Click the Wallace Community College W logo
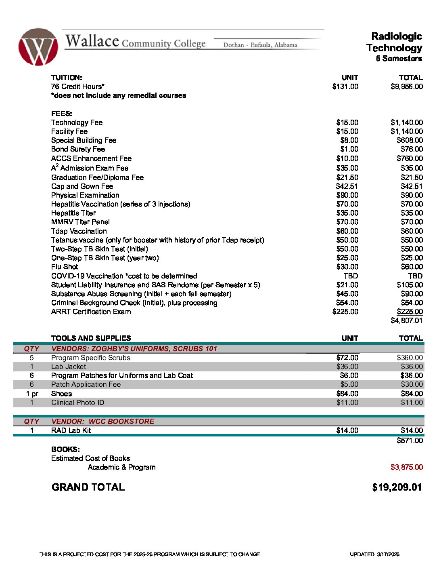click(38, 47)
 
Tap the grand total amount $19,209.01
click(397, 487)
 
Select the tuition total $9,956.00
click(407, 86)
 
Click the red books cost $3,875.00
click(407, 467)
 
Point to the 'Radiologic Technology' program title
click(395, 42)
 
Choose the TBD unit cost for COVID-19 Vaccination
click(350, 276)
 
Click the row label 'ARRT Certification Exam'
click(91, 312)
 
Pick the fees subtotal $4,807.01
click(407, 320)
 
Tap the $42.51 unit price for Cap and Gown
click(347, 186)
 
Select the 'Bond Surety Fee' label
click(78, 149)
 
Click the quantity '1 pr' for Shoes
click(32, 394)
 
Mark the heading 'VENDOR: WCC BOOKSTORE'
click(102, 421)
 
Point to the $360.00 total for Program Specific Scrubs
click(410, 358)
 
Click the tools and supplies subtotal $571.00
click(410, 440)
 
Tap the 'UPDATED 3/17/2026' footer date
click(374, 554)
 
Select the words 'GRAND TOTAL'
click(88, 487)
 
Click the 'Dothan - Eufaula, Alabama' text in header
click(260, 45)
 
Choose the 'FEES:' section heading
click(61, 114)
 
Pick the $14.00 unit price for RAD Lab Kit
click(347, 430)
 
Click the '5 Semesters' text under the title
click(399, 59)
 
